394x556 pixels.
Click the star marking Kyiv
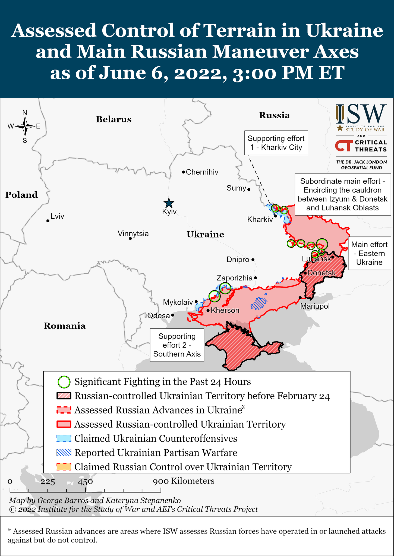point(169,203)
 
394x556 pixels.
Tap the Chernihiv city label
point(202,172)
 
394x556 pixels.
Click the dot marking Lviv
point(48,221)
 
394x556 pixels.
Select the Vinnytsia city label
point(133,233)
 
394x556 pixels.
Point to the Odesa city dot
point(173,315)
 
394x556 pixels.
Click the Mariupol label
point(315,306)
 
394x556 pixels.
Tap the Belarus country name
point(114,119)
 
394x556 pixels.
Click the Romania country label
point(65,326)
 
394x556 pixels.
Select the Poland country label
point(21,195)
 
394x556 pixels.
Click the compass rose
point(25,126)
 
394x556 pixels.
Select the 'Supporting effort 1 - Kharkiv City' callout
point(276,143)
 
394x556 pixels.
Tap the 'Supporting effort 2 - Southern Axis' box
point(177,345)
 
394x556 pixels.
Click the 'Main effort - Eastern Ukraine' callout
point(369,253)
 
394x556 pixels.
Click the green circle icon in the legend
point(64,382)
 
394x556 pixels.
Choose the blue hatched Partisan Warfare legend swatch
point(64,453)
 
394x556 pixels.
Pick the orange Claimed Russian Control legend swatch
point(64,467)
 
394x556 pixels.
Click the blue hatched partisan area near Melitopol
point(259,303)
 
